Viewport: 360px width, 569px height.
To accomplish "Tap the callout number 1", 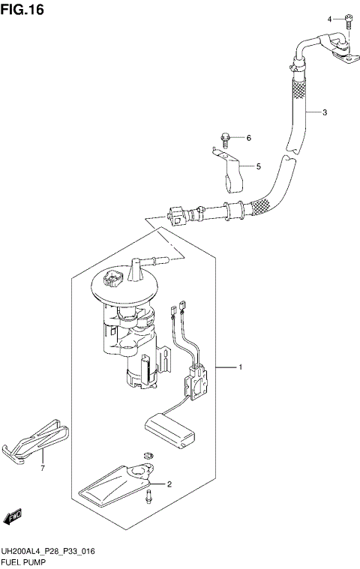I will tap(240, 367).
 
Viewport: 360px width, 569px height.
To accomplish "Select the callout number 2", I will tap(169, 484).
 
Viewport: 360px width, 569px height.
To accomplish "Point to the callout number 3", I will tap(325, 113).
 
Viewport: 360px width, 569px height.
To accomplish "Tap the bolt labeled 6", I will tap(225, 137).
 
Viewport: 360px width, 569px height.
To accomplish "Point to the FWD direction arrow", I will tap(13, 517).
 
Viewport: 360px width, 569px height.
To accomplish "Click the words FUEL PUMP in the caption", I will tap(25, 562).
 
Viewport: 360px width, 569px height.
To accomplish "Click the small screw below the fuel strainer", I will tap(150, 494).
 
